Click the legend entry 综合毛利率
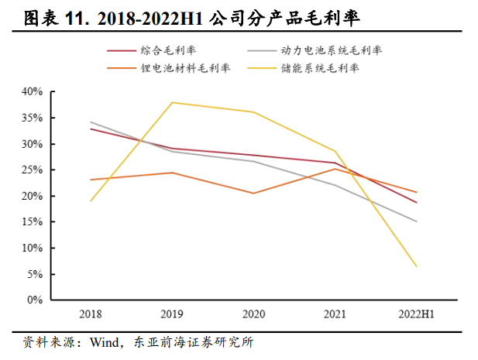tap(167, 50)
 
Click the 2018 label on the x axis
tap(91, 314)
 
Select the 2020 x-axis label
tap(253, 314)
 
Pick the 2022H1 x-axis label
tap(416, 314)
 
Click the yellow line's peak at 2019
tap(172, 102)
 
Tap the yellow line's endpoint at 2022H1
tap(417, 266)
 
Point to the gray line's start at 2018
tap(91, 122)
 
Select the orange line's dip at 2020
tap(253, 193)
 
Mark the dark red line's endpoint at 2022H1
tap(417, 203)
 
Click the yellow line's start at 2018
tap(91, 201)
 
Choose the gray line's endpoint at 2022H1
tap(417, 221)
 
